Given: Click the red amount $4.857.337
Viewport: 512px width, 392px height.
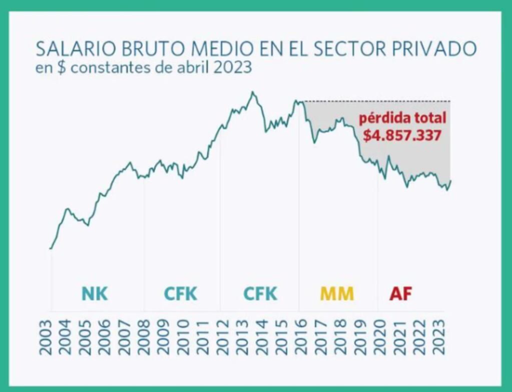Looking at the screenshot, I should [x=402, y=135].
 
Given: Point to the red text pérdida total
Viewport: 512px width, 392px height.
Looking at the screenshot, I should [x=402, y=119].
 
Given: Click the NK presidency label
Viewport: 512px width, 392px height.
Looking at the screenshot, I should [x=95, y=294].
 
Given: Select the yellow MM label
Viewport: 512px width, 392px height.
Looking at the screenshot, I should [x=337, y=294].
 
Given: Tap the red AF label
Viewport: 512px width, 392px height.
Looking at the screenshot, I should [x=400, y=294].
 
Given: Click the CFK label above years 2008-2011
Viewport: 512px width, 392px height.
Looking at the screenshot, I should [x=181, y=294].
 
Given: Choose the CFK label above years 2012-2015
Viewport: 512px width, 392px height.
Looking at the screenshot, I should [x=260, y=294].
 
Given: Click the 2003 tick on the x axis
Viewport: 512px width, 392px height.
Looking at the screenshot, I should [x=46, y=337].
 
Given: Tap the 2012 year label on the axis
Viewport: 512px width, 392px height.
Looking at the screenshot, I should [x=218, y=337].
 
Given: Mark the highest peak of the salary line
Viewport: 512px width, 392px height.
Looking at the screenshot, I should [x=253, y=92].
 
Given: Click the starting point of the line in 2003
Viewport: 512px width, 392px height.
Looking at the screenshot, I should [x=51, y=248].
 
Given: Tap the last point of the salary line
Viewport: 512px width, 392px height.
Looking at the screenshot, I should [x=451, y=181].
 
